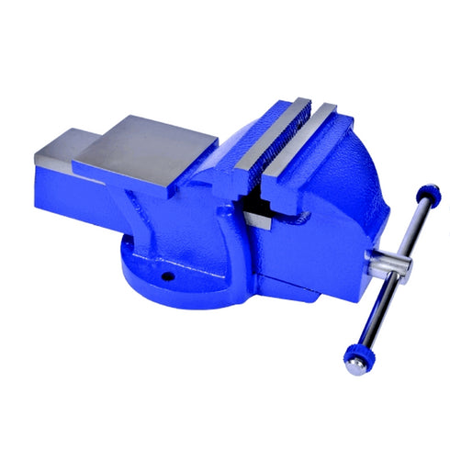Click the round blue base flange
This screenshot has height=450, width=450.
[x=156, y=276]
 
